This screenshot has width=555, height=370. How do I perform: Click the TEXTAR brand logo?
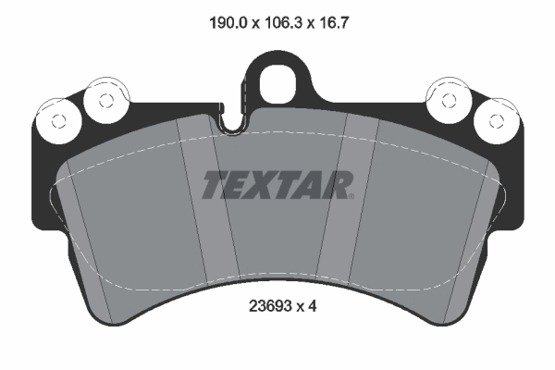tap(277, 186)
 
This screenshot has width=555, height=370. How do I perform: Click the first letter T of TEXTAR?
tap(215, 186)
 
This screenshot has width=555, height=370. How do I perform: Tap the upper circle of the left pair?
tap(100, 97)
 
